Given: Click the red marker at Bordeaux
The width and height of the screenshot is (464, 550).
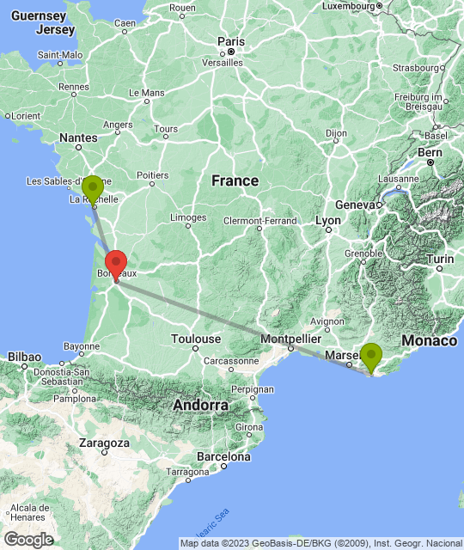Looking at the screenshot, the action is tap(115, 263).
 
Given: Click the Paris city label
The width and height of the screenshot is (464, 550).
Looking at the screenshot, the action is tap(231, 40).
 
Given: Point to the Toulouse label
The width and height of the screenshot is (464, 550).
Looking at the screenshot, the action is tap(195, 339).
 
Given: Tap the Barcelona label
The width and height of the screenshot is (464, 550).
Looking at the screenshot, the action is tap(222, 456).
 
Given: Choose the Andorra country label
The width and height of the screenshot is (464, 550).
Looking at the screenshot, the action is tap(200, 405).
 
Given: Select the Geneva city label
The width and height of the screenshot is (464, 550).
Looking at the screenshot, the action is tap(357, 205).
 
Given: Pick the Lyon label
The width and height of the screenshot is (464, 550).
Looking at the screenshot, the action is tap(328, 220).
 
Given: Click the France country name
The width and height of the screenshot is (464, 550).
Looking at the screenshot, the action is tap(235, 180).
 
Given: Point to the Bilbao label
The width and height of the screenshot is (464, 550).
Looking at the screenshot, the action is tap(23, 355).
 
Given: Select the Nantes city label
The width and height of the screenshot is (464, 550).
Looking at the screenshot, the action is tap(78, 137).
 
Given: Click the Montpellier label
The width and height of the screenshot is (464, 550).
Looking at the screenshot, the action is tap(290, 339).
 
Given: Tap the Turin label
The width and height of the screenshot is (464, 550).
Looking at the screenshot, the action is tap(441, 259).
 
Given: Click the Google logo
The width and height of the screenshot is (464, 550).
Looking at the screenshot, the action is tap(27, 540).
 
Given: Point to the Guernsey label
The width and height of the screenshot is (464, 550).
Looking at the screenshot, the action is tap(39, 16).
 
